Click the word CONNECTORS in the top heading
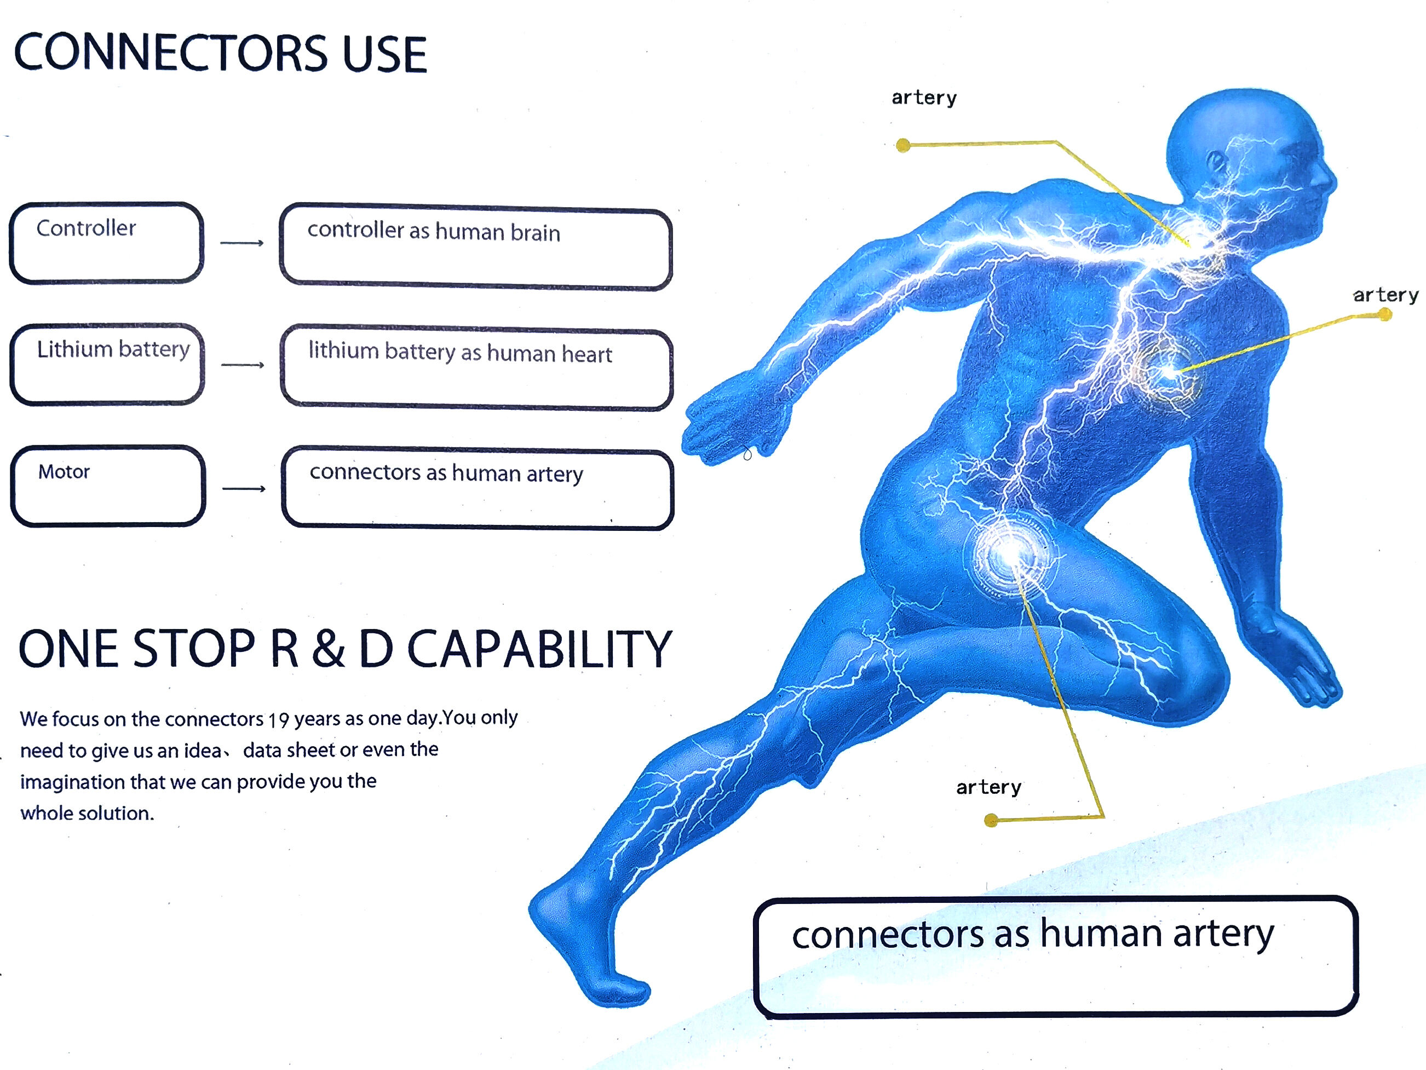[x=171, y=53]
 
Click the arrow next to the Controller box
[x=242, y=243]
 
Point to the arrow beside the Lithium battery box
[x=243, y=365]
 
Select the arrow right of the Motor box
[x=244, y=488]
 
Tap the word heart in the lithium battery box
[x=586, y=354]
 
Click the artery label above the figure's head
[x=924, y=98]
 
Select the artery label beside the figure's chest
[x=1385, y=295]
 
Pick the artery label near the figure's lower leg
[x=988, y=787]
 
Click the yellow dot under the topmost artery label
[x=903, y=145]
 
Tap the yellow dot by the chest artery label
[x=1385, y=314]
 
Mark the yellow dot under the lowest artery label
[x=992, y=820]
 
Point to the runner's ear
[x=1215, y=161]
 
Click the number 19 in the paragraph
[x=279, y=720]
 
